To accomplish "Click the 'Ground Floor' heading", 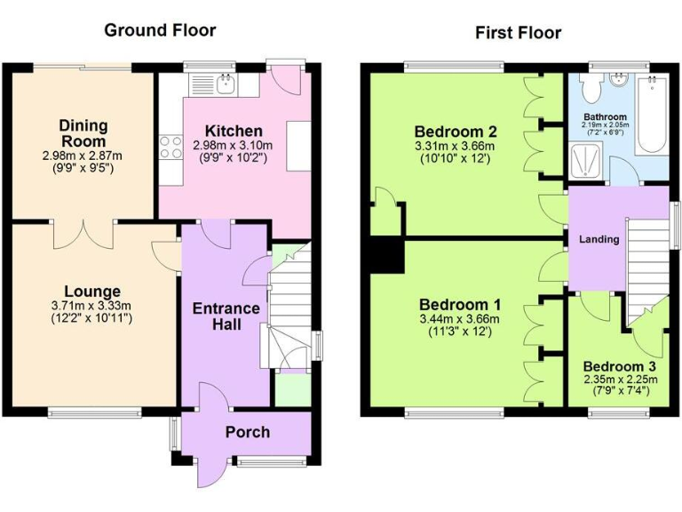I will [160, 30].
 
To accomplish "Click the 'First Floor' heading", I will [518, 33].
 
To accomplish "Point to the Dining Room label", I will [84, 133].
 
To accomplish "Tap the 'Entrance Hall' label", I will [226, 316].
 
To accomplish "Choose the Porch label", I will [247, 432].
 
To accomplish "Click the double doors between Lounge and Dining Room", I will [83, 235].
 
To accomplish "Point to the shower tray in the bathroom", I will [594, 160].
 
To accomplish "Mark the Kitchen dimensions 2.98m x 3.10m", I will [233, 146].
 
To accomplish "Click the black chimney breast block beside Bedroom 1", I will [385, 254].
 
